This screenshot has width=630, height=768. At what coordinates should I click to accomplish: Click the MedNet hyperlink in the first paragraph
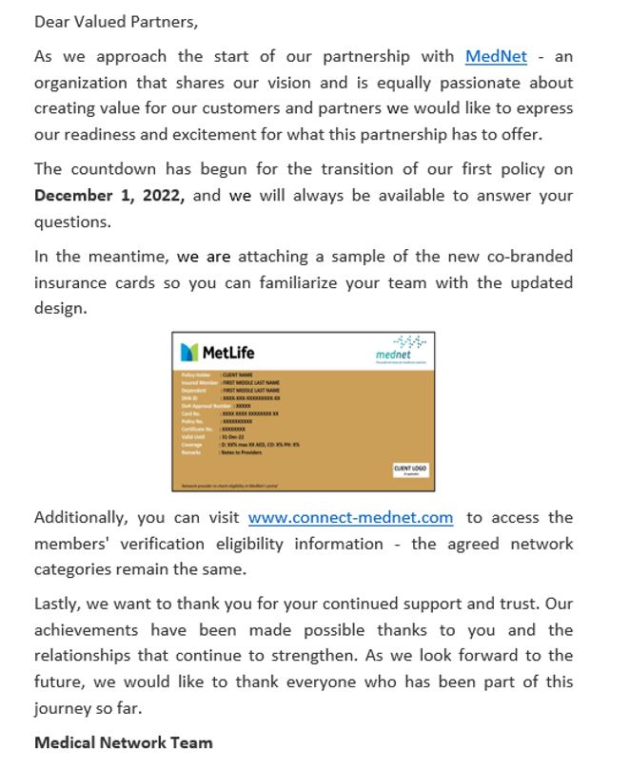click(495, 57)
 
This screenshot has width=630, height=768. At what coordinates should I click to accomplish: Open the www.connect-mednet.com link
click(350, 518)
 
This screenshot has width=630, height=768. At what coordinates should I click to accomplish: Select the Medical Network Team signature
click(123, 742)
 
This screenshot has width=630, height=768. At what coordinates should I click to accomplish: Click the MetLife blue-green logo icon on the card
click(190, 353)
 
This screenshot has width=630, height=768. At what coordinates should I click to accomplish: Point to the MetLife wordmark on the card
click(228, 354)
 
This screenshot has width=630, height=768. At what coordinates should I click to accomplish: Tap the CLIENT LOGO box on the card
click(411, 470)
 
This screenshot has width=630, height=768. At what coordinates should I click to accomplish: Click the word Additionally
click(81, 518)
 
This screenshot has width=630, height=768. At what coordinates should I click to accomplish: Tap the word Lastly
click(57, 604)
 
